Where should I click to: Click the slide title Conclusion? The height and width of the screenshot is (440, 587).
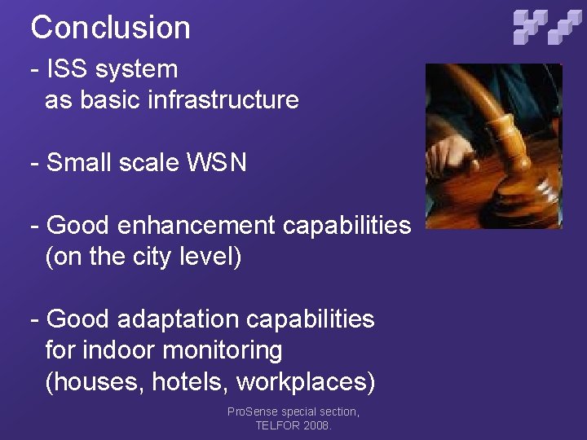click(x=110, y=28)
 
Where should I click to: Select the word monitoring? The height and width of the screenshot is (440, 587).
click(x=223, y=351)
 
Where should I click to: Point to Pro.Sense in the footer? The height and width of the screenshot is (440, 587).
click(x=254, y=412)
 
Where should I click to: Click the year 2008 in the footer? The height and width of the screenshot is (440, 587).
click(x=317, y=425)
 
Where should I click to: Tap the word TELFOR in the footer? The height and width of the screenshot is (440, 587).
click(x=277, y=425)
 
